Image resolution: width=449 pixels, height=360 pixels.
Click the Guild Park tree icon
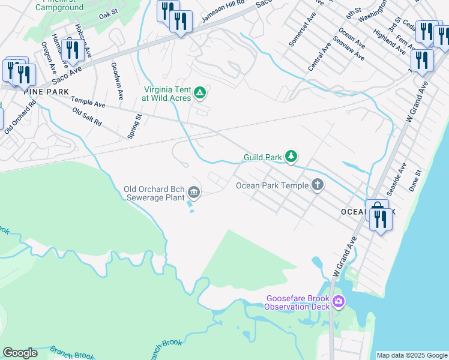pos(291,157)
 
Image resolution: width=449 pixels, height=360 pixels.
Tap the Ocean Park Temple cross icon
pos(318,185)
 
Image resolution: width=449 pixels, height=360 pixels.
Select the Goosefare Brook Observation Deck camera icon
pos(338,301)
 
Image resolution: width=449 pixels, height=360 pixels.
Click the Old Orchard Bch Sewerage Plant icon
pos(194,192)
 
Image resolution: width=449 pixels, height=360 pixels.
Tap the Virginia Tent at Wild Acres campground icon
pos(200,93)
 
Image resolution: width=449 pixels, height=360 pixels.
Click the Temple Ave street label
pos(88,102)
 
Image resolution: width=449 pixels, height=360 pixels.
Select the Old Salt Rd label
pos(86,118)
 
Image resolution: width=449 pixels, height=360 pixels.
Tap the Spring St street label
pos(134,127)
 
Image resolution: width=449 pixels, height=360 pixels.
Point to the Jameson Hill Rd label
pos(223,11)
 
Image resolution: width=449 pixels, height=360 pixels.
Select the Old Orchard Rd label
pos(20,116)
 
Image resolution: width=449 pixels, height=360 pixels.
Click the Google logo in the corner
pos(20,353)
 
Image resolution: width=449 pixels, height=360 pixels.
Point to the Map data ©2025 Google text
pos(411,355)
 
